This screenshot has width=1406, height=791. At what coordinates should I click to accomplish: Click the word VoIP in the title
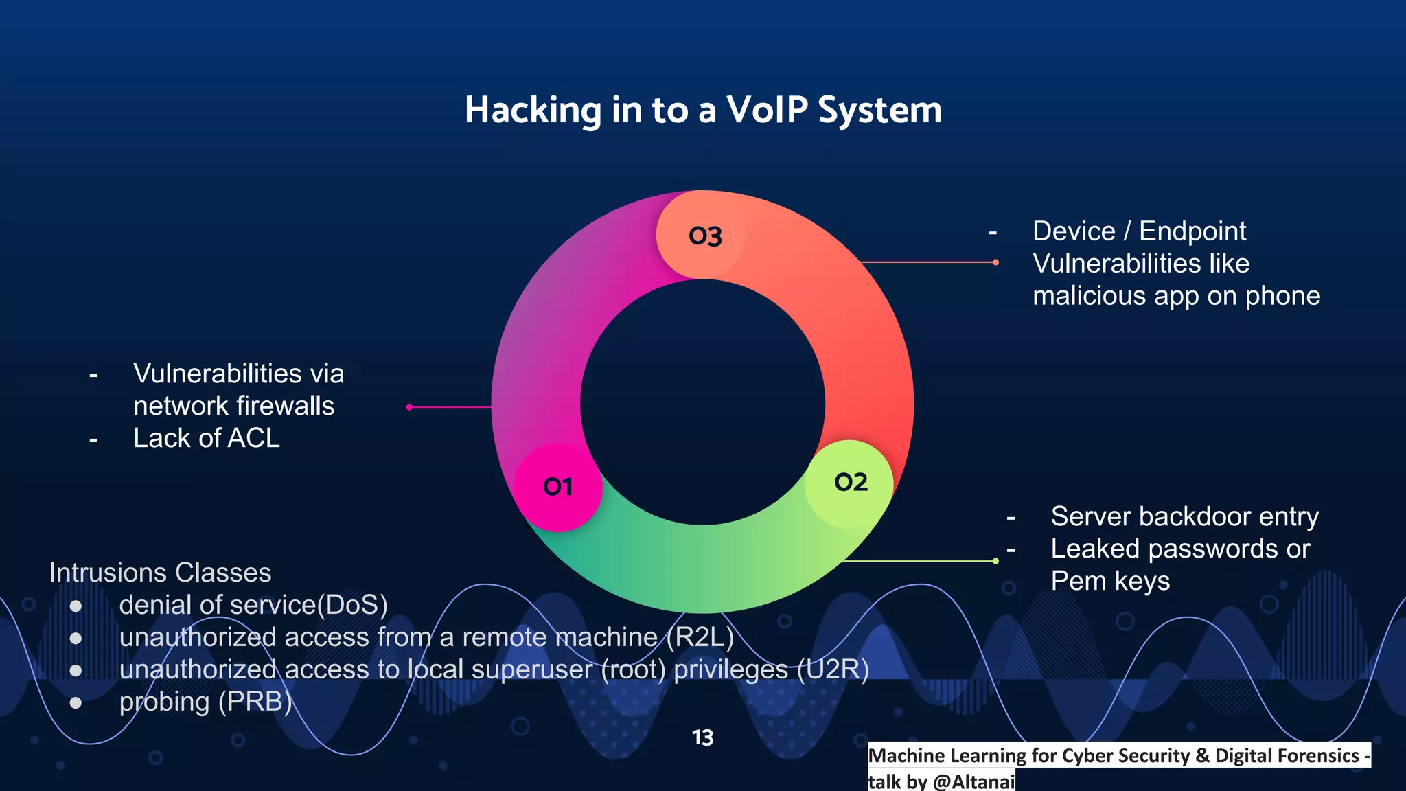[x=767, y=110]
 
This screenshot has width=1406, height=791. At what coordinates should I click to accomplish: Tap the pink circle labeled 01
[x=557, y=487]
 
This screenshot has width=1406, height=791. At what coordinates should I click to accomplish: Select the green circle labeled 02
[x=850, y=483]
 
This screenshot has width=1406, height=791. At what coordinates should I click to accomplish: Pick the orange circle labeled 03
[x=704, y=236]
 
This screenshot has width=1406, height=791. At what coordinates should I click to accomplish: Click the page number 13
[x=702, y=737]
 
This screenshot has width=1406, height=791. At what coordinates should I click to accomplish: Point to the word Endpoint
[x=1192, y=231]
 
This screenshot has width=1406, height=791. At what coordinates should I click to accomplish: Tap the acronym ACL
[x=253, y=438]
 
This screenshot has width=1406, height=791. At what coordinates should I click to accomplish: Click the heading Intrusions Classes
[x=160, y=573]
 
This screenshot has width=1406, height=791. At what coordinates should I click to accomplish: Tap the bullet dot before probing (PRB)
[x=76, y=702]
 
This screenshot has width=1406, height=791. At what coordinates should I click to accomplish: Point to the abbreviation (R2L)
[x=700, y=637]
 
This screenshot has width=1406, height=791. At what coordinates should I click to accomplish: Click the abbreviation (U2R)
[x=833, y=669]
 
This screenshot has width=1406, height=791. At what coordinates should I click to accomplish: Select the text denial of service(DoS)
[x=253, y=605]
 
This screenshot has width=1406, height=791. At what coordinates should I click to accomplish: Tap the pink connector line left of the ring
[x=450, y=407]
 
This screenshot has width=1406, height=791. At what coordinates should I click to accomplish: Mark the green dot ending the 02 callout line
[x=995, y=561]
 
